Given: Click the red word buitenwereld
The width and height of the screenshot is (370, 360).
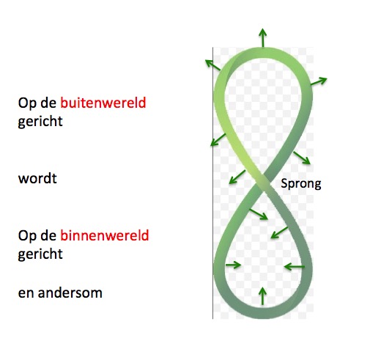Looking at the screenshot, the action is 103,103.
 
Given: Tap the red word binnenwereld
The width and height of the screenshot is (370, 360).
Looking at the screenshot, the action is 105,235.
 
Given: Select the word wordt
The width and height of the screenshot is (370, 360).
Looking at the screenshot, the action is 37,178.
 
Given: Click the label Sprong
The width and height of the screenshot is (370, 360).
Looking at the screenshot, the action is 301,184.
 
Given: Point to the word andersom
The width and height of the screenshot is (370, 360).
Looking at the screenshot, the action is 70,293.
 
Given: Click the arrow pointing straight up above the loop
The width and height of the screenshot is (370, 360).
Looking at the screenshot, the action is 262,37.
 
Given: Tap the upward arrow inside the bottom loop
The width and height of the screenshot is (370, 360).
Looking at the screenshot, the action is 262,296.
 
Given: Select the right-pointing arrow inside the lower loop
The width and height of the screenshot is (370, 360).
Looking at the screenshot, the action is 233,265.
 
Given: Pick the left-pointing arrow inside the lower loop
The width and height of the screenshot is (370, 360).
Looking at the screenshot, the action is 295,266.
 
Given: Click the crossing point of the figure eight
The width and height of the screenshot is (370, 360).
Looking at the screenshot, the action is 262,182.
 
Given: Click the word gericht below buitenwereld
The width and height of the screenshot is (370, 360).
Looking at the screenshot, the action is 40,122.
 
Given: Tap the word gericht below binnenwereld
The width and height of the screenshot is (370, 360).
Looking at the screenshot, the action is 40,254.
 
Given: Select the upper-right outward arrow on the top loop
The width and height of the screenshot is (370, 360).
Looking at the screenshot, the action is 319,81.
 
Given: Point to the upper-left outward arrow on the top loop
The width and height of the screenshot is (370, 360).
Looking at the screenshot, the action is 213,65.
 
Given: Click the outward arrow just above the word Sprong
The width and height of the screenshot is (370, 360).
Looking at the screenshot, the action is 302,158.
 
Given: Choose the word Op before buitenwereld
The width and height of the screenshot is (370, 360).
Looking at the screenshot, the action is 27,103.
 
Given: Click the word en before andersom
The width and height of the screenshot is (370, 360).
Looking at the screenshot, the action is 26,293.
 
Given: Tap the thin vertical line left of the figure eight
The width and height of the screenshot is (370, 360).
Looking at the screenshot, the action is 212,183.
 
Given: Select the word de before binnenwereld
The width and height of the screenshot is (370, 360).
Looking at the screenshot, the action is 48,235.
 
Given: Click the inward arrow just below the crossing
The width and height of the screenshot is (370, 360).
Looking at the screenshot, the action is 259,214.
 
